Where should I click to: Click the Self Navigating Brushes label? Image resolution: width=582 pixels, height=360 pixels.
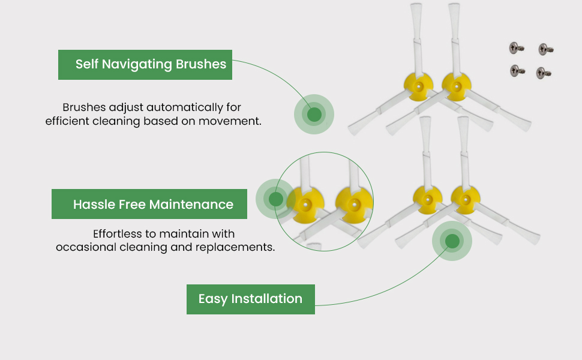click(x=145, y=65)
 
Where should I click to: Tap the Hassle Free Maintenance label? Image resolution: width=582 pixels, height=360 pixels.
click(x=149, y=205)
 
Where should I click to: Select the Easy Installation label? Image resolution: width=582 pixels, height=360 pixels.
click(x=250, y=299)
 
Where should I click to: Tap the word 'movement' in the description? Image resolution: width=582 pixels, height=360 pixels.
click(x=229, y=121)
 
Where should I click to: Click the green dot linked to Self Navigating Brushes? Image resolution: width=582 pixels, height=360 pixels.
click(x=314, y=114)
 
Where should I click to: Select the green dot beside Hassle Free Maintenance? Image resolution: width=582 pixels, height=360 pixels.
click(x=276, y=199)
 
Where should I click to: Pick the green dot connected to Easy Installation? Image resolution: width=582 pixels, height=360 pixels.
click(x=452, y=241)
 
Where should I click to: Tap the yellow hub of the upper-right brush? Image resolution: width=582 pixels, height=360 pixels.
click(x=457, y=86)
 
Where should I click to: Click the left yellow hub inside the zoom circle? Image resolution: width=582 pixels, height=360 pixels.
click(x=305, y=204)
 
